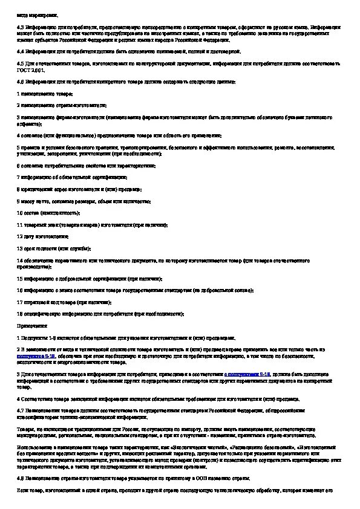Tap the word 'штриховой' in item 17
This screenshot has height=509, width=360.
pos(33,302)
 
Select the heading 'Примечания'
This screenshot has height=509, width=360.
pos(30,325)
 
